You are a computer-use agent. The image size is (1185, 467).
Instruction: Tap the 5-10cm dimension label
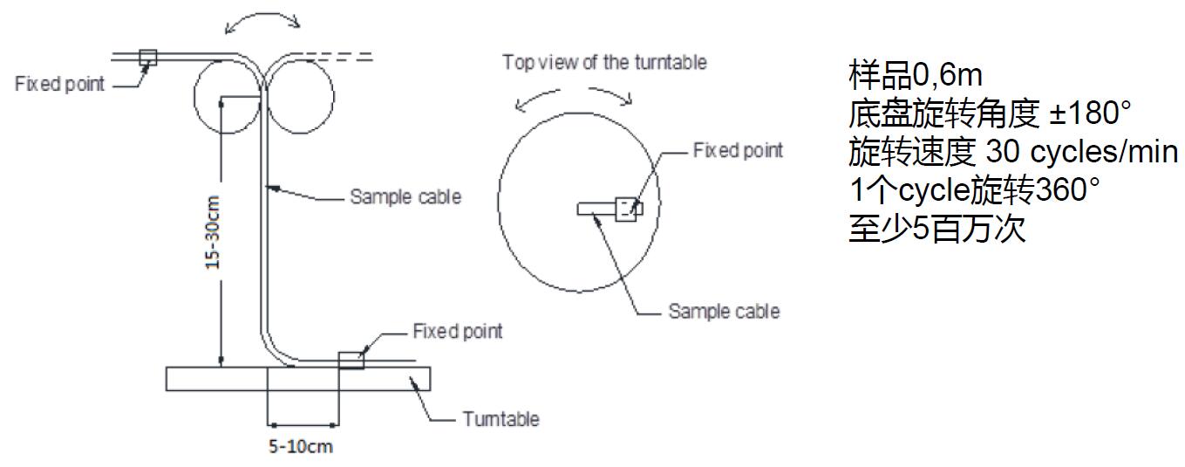pyautogui.click(x=300, y=447)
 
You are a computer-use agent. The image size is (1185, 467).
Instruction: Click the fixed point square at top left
pyautogui.click(x=147, y=58)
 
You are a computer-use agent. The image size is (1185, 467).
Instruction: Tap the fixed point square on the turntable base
pyautogui.click(x=351, y=360)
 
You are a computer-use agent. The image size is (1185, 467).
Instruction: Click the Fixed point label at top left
pyautogui.click(x=59, y=85)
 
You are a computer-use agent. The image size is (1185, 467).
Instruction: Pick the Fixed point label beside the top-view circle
pyautogui.click(x=738, y=150)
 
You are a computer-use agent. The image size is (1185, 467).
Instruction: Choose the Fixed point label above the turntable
pyautogui.click(x=457, y=332)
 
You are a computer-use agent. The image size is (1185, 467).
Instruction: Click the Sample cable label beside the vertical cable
pyautogui.click(x=405, y=197)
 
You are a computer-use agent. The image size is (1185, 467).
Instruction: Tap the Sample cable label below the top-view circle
pyautogui.click(x=724, y=311)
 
